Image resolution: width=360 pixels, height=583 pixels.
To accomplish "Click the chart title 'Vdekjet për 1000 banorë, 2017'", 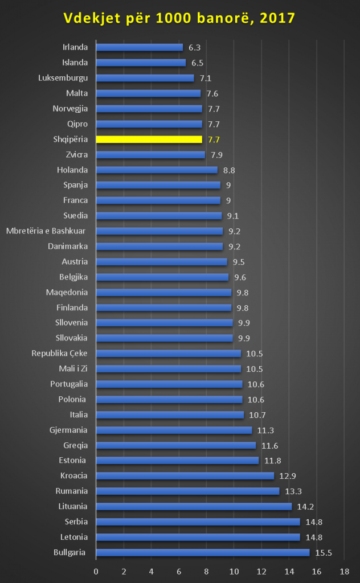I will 179,18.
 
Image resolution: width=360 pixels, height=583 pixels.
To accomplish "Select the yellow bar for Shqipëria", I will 149,139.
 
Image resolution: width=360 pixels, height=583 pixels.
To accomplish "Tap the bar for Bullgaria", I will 202,552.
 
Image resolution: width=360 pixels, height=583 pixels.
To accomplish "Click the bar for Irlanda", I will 140,47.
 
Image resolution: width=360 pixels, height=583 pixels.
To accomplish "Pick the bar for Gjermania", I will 174,430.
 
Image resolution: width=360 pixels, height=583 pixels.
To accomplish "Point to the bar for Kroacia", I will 185,475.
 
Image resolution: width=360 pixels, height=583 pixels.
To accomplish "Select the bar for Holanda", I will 157,170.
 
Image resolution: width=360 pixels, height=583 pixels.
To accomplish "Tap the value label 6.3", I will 195,47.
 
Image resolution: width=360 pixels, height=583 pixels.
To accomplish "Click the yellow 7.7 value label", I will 214,139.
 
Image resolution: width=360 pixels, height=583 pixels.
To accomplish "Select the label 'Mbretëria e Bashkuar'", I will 47,231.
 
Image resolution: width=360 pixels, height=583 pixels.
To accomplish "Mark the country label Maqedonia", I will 67,292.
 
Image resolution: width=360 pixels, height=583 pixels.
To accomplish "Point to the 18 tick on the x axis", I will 344,571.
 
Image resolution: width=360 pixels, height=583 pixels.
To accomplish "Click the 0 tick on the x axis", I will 96,571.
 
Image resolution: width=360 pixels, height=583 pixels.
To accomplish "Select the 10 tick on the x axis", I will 234,571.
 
